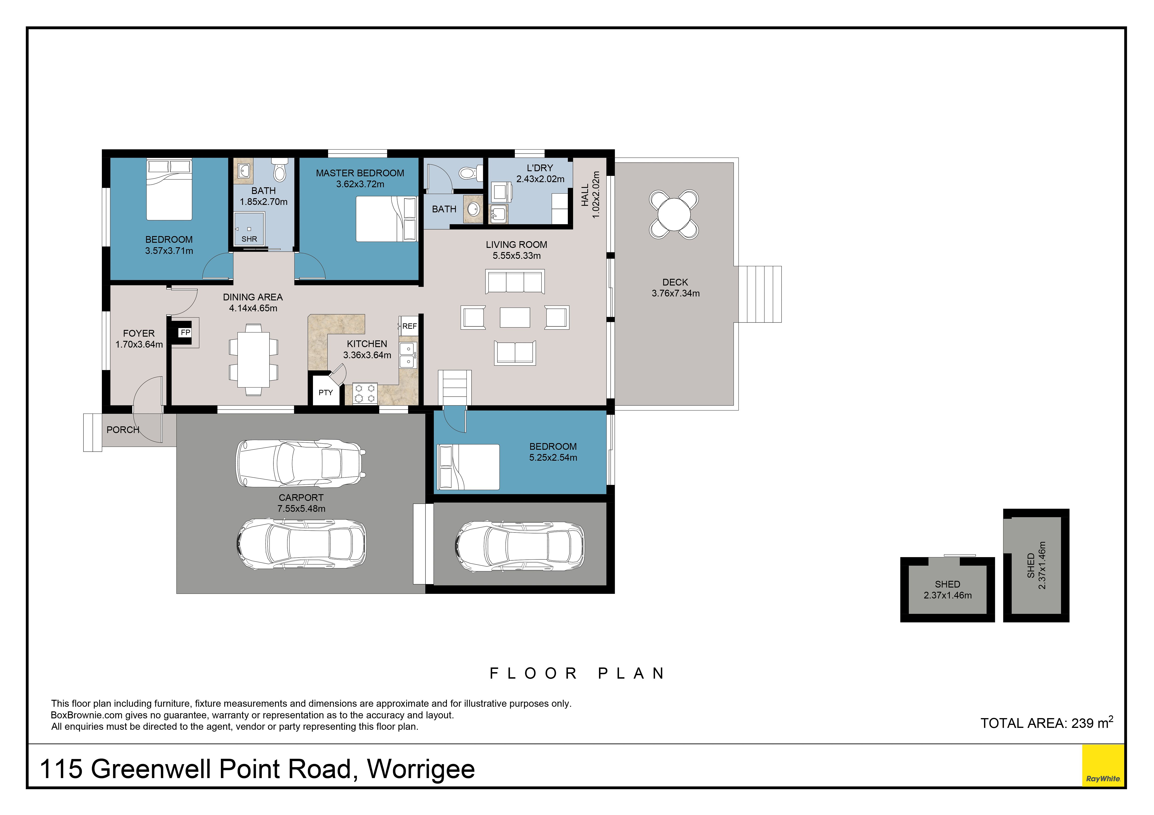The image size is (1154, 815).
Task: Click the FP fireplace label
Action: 186,332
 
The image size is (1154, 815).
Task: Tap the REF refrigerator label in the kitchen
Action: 410,326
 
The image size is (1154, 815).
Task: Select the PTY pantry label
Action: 326,393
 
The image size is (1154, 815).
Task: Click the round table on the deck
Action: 674,214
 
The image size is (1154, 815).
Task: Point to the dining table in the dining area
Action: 253,360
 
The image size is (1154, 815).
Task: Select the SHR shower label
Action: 249,239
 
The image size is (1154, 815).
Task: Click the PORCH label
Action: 123,430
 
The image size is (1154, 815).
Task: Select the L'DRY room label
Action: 540,168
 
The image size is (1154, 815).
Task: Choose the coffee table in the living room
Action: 515,317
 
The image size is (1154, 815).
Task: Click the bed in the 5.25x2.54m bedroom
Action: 469,467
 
